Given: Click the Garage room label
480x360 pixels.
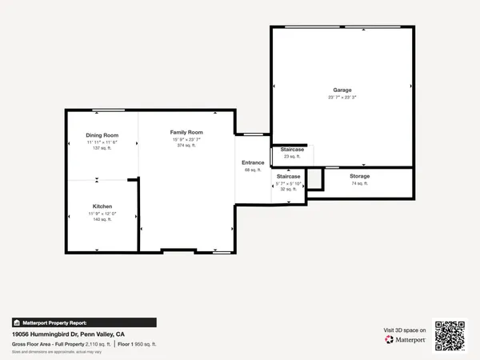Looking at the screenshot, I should coord(342,90).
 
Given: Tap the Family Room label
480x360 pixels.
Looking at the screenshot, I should coord(186,132).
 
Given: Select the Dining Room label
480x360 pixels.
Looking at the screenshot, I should coord(102,135).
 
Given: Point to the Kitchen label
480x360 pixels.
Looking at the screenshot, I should coord(102,206).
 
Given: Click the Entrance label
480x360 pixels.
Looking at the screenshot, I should coord(254,163).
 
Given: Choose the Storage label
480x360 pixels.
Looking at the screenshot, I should coord(359,176).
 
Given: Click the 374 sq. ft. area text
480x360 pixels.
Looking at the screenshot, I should coord(186,146).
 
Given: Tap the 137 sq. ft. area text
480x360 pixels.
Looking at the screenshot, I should coord(102,148).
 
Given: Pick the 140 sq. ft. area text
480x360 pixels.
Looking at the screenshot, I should coord(102,219).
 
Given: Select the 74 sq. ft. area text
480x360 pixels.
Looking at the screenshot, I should coord(359,183).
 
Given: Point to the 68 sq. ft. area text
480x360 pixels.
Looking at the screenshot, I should coord(254,170).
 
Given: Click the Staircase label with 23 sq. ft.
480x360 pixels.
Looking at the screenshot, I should coord(292,150).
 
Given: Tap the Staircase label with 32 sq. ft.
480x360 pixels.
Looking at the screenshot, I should coord(289,176).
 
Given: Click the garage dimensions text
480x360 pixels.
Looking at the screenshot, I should coord(342,98).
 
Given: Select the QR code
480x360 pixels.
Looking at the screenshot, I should coord(450,335).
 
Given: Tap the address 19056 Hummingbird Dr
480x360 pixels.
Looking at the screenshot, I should coord(68,334).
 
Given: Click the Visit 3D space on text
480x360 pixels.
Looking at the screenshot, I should coord(403,329).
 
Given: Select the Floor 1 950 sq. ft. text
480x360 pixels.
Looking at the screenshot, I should coord(138,343).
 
